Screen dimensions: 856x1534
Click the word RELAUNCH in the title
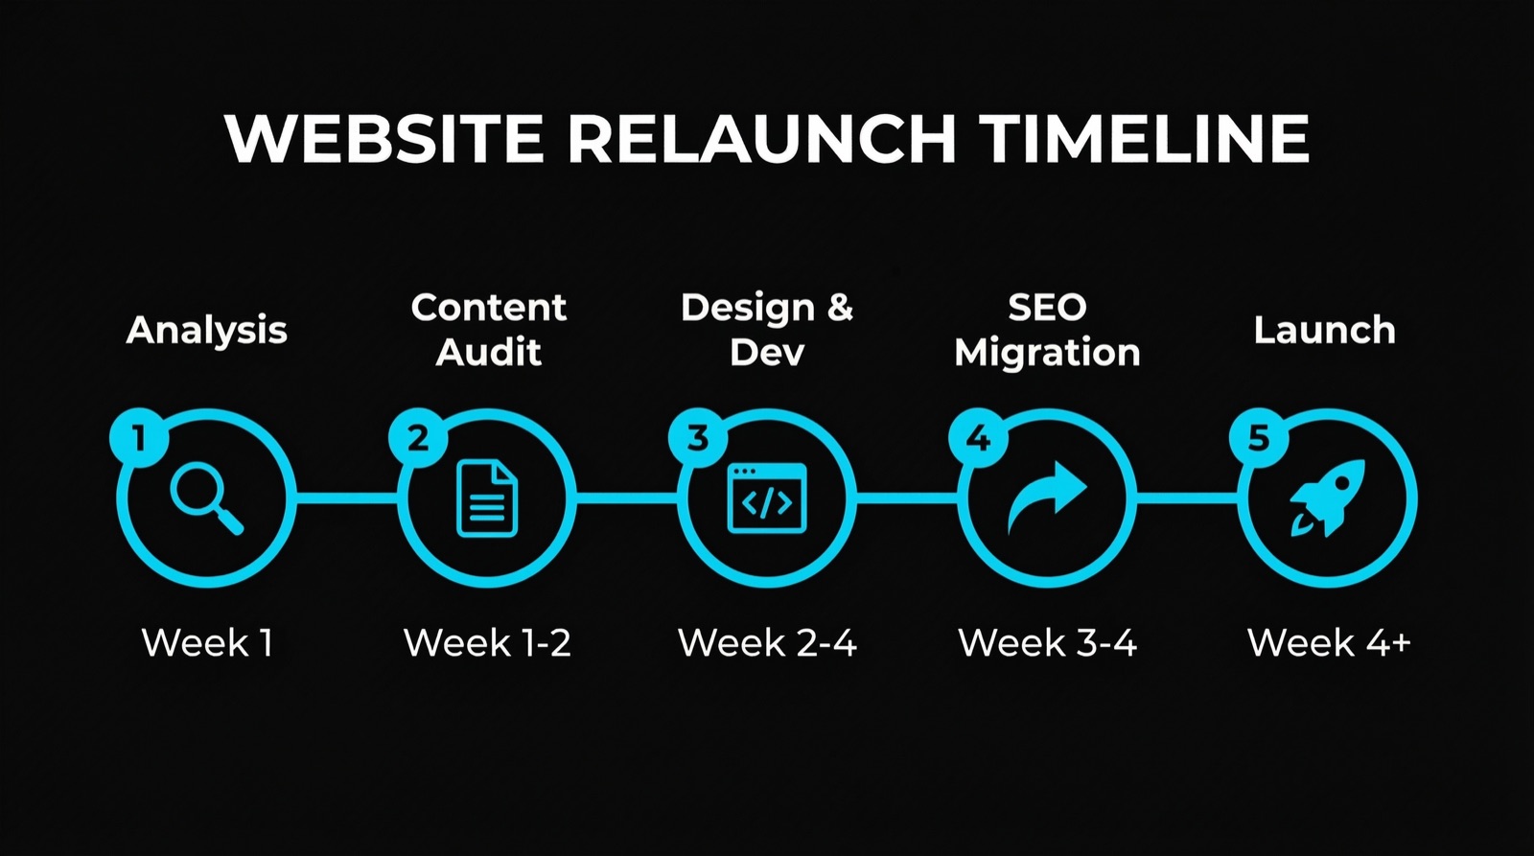click(761, 138)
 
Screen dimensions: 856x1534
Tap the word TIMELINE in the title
click(1144, 138)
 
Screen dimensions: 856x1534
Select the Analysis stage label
click(206, 330)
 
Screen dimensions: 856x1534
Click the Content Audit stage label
click(488, 329)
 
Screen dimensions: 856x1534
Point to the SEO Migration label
click(1047, 329)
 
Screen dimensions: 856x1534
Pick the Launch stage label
click(1324, 330)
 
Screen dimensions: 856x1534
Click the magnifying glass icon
click(205, 497)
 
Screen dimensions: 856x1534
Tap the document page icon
click(487, 498)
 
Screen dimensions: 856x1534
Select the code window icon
click(767, 498)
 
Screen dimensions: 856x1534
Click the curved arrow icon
click(1047, 497)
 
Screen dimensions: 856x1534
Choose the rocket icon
click(1327, 497)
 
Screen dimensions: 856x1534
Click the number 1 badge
click(139, 438)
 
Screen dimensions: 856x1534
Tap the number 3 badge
click(698, 438)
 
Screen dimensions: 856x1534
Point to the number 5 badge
click(1258, 438)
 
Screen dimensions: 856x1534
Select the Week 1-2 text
click(487, 642)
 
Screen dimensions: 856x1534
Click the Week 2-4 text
click(767, 642)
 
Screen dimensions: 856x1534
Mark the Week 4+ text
click(1328, 642)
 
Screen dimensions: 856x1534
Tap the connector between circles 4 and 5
click(1187, 497)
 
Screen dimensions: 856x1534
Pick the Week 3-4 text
click(1047, 642)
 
